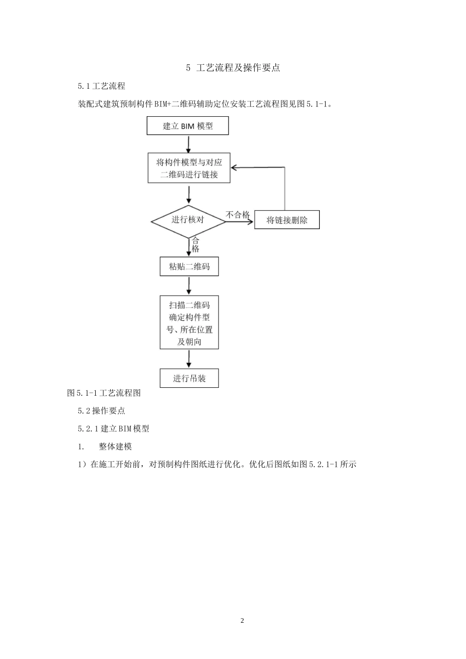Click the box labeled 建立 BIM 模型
pos(188,126)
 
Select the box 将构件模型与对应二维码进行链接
pos(189,168)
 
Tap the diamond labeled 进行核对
pos(188,220)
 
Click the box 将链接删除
pos(287,220)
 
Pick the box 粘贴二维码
pos(189,267)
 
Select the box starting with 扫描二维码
pos(189,323)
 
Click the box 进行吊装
pos(189,378)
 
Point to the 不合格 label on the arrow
pos(238,215)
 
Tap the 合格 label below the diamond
pos(196,245)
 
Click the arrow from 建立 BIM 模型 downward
pos(188,144)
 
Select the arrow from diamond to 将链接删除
pos(240,221)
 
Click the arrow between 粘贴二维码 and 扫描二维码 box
pos(189,285)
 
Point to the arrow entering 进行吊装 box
pos(189,359)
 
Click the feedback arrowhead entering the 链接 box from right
pos(234,168)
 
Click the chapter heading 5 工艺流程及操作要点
pos(233,68)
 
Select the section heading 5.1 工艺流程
pos(102,86)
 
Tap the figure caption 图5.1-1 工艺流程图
pos(104,393)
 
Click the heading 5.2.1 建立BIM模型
pos(113,429)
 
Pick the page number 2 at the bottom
pos(242,621)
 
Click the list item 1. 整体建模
pos(105,446)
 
